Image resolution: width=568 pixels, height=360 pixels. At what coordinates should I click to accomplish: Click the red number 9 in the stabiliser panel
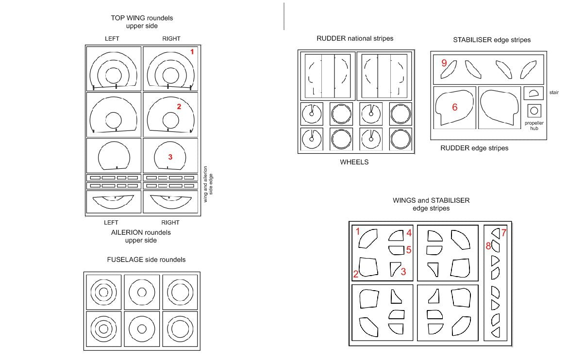tap(444, 63)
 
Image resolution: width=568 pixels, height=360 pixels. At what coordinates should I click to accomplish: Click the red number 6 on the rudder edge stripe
tap(454, 107)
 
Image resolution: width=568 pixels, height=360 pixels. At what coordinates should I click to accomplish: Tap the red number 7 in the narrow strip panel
tap(503, 232)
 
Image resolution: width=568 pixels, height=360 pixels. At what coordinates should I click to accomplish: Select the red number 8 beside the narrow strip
tap(488, 246)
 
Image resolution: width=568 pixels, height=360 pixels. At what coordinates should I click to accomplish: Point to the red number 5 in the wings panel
tap(409, 250)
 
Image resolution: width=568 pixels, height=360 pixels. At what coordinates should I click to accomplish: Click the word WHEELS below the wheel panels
tap(354, 162)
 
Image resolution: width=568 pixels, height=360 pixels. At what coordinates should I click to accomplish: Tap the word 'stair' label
tap(554, 92)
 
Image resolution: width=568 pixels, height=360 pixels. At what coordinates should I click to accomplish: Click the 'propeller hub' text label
tap(534, 126)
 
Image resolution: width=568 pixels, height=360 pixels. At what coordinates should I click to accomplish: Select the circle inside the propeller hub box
tap(534, 111)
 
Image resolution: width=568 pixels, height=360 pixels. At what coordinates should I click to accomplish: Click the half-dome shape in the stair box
tap(533, 94)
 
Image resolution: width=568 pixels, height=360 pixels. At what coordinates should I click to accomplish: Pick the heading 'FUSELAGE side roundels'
tap(146, 260)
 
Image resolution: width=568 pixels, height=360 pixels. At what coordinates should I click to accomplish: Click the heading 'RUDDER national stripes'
tap(355, 38)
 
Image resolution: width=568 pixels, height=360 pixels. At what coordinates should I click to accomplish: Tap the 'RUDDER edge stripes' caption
tap(474, 148)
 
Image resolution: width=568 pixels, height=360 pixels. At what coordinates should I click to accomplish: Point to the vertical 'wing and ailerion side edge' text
tap(208, 184)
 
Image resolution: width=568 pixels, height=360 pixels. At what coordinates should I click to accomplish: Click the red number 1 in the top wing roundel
tap(192, 52)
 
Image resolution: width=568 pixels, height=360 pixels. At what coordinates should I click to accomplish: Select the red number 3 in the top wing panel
tap(170, 157)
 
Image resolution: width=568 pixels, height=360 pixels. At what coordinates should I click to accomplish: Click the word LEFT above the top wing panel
tap(112, 39)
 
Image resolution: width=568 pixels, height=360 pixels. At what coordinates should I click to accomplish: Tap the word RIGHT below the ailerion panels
tap(170, 223)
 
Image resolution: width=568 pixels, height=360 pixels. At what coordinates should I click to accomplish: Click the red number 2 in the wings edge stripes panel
tap(356, 275)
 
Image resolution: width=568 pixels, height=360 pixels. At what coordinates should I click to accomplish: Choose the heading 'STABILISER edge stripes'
tap(492, 40)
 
